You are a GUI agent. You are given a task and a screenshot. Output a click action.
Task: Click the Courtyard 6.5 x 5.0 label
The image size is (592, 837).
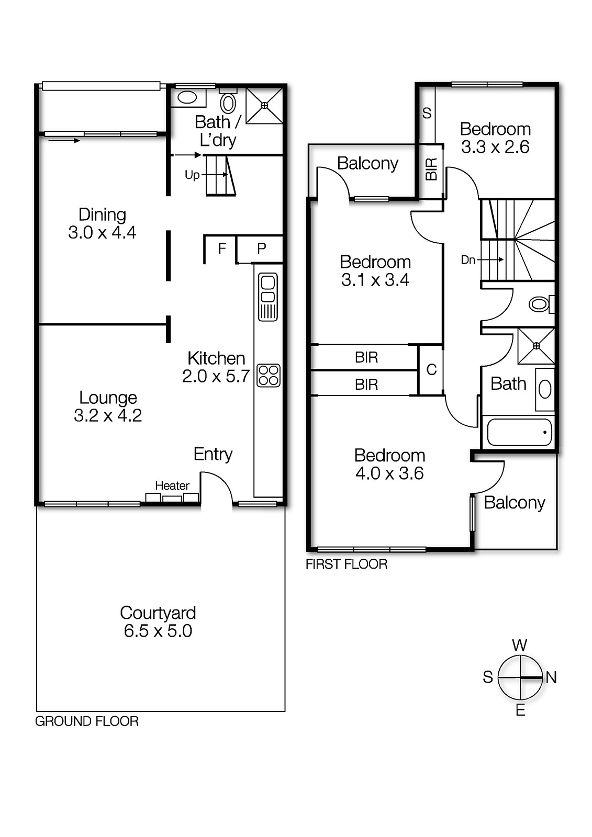158,621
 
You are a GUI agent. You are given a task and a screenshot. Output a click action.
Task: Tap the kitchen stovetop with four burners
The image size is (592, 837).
269,375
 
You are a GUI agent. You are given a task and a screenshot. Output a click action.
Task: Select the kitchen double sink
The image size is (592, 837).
268,296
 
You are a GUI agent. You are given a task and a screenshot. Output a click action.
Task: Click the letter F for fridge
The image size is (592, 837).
222,248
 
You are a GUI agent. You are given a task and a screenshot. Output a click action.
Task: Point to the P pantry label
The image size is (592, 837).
261,248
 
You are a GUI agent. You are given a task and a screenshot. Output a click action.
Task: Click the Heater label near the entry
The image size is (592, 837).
172,485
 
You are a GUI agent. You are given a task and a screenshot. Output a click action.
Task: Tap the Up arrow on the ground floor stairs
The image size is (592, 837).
193,175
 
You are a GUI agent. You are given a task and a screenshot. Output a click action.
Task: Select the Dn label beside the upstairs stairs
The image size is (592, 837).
468,259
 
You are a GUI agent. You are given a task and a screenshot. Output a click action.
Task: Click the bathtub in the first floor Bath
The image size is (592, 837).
519,432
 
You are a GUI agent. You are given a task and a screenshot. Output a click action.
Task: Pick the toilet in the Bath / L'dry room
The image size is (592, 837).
228,103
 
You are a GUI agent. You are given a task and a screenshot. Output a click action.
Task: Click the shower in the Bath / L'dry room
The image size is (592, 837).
264,106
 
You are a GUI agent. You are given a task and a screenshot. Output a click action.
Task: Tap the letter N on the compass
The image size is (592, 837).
551,677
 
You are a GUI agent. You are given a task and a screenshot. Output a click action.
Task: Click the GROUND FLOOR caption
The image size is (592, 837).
87,721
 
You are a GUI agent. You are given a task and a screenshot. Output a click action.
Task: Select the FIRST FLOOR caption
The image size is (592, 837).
347,564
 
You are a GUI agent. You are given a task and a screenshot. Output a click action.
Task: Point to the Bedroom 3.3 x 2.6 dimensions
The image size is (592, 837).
495,147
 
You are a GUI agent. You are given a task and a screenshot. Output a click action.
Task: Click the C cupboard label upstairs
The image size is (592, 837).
431,369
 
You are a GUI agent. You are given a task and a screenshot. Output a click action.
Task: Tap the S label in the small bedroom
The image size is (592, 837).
427,113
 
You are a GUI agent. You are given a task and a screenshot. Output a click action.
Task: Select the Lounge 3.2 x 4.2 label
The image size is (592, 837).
108,406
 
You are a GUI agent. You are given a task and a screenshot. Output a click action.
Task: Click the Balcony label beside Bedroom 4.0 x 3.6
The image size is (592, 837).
515,502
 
